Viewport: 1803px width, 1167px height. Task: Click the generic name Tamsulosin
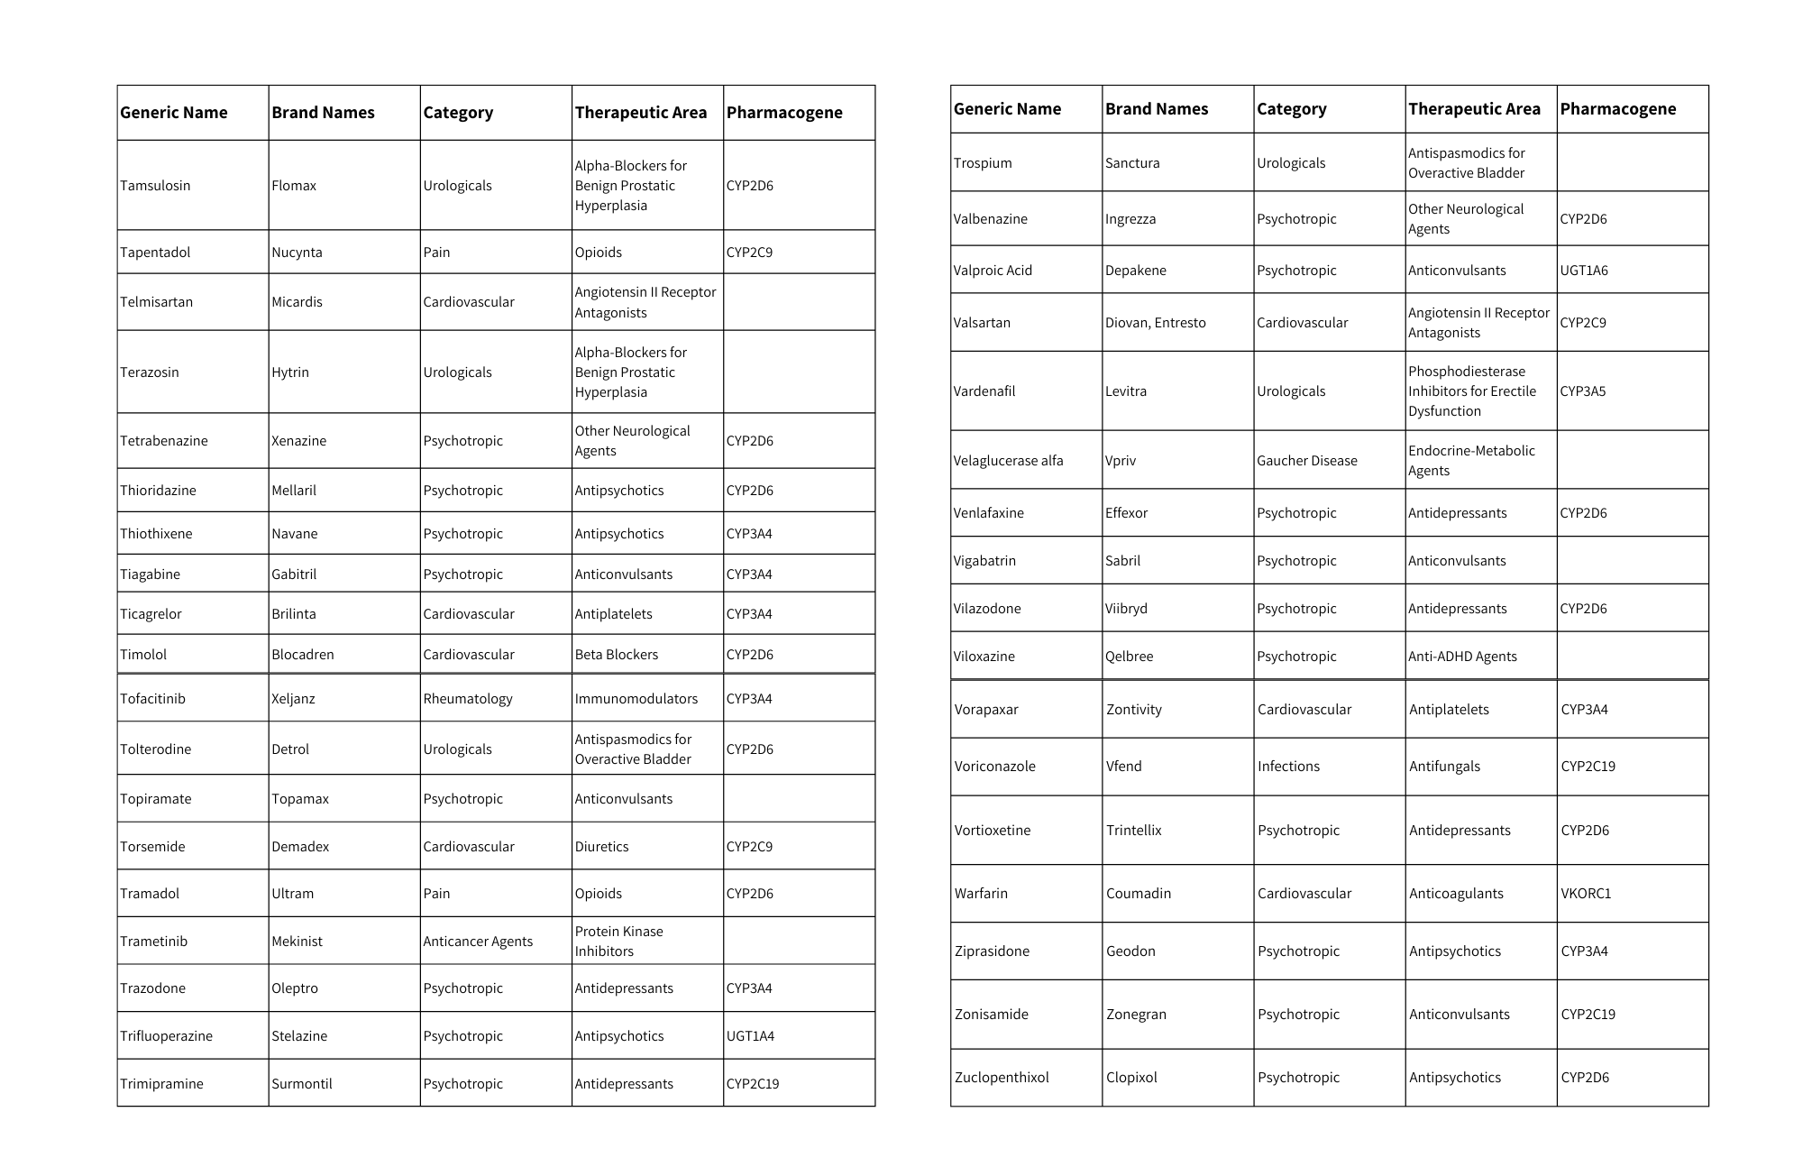tap(155, 186)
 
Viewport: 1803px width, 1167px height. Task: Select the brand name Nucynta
tap(297, 253)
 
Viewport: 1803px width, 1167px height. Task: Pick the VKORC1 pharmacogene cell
tap(1586, 894)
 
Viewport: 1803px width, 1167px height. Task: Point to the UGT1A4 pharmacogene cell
tap(750, 1036)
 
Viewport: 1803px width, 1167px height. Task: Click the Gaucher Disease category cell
tap(1306, 461)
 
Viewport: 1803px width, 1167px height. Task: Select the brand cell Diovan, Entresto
tap(1155, 323)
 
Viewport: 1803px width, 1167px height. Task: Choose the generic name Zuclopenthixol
tap(1002, 1078)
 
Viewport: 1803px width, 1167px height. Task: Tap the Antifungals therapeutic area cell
tap(1444, 767)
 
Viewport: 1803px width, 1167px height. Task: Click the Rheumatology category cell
tap(467, 699)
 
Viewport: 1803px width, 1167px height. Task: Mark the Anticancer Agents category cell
tap(478, 942)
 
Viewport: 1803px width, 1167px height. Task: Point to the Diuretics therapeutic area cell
tap(601, 847)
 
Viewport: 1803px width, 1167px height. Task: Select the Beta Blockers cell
tap(616, 655)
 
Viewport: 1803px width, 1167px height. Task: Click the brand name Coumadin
tap(1139, 894)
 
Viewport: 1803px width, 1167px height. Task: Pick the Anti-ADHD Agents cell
tap(1462, 657)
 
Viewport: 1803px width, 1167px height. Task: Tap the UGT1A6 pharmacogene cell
tap(1584, 271)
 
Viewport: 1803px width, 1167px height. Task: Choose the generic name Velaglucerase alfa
tap(1008, 461)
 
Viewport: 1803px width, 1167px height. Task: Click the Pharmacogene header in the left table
tap(784, 113)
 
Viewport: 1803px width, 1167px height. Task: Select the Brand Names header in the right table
tap(1157, 109)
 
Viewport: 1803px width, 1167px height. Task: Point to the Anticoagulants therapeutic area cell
tap(1456, 894)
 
